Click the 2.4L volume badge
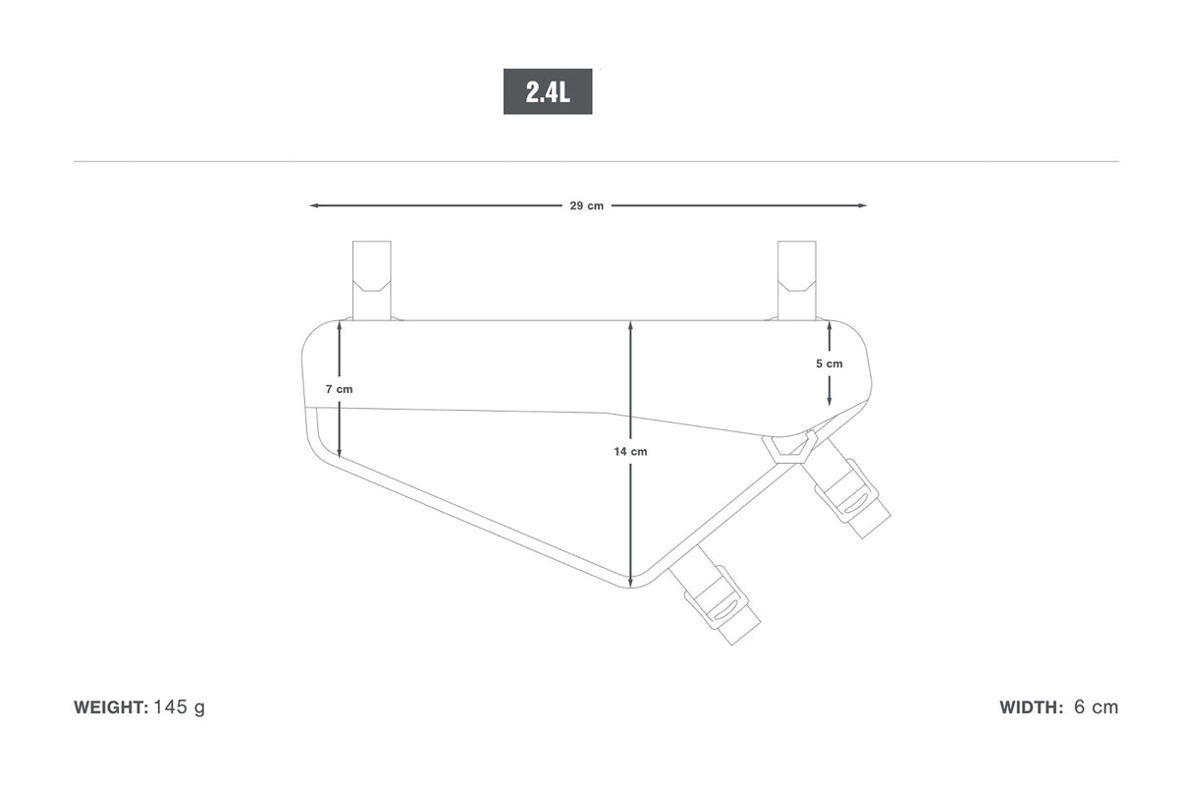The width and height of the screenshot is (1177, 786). (x=547, y=91)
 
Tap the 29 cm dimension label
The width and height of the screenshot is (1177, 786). (x=586, y=206)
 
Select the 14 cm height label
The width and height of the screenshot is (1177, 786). (x=630, y=452)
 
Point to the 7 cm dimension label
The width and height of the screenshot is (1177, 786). (x=340, y=389)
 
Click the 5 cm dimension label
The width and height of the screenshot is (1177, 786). (x=829, y=364)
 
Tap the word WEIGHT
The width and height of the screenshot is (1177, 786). (x=111, y=707)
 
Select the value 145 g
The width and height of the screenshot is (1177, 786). (x=180, y=707)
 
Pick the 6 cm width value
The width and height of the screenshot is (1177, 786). (x=1096, y=707)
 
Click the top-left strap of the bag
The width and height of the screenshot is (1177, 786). (x=372, y=280)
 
